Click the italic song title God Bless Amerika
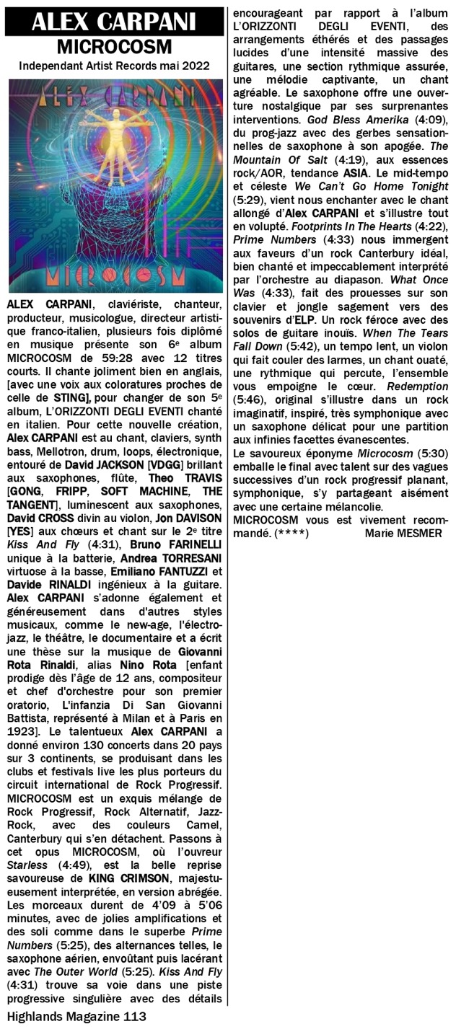[x=350, y=118]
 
